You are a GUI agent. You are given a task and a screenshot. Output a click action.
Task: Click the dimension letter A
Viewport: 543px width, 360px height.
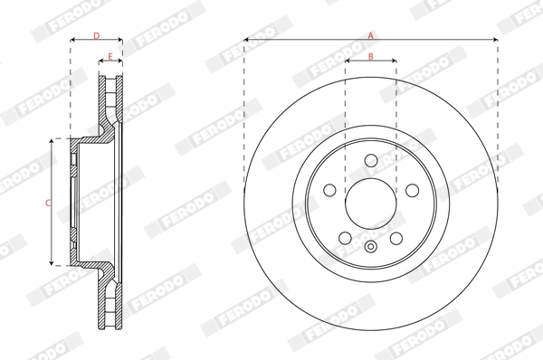(370, 34)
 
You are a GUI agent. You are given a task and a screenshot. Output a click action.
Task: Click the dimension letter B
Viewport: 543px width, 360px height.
(371, 56)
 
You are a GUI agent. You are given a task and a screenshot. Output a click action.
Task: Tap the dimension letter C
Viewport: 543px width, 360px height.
(48, 203)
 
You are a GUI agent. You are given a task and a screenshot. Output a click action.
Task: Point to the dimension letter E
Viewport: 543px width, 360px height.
(110, 56)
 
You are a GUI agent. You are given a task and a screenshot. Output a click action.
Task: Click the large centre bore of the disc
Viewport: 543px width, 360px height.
(370, 201)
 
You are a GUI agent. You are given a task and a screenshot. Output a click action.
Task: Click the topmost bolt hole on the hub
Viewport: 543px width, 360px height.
(370, 160)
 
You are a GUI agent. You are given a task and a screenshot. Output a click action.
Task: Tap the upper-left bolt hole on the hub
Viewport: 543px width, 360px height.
(329, 191)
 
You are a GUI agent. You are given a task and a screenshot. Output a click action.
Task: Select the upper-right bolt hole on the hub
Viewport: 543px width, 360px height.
(412, 191)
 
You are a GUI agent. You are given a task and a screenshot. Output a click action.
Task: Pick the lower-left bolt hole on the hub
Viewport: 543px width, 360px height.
(345, 238)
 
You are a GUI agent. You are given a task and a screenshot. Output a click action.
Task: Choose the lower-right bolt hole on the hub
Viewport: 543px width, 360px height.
(396, 238)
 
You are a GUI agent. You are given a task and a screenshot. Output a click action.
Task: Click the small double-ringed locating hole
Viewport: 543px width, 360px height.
(370, 246)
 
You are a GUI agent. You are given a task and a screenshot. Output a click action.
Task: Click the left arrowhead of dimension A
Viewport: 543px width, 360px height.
(246, 41)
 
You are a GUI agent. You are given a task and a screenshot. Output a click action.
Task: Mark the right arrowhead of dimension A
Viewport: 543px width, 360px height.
(495, 41)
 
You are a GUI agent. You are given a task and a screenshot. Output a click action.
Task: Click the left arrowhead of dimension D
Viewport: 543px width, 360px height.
(72, 41)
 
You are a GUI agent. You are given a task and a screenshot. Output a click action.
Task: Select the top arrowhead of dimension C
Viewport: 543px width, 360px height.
(54, 140)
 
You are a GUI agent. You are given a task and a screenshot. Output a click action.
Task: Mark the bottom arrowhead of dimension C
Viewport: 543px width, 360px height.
(54, 263)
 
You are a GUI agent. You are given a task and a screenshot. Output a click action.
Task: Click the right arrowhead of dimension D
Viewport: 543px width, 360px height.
(119, 41)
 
